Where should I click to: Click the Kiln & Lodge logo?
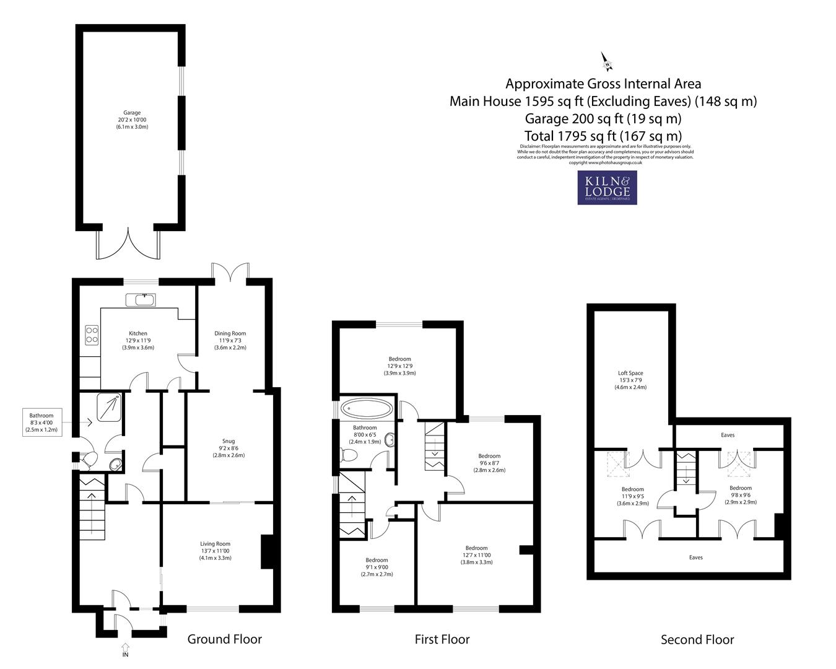[607, 188]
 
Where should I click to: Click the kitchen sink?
[141, 300]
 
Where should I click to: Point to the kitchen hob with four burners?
[92, 335]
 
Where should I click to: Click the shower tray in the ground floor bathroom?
[110, 407]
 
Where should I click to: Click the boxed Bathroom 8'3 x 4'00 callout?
[41, 422]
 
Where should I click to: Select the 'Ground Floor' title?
[224, 639]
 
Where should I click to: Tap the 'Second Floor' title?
[697, 640]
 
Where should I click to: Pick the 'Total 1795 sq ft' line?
[603, 136]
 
